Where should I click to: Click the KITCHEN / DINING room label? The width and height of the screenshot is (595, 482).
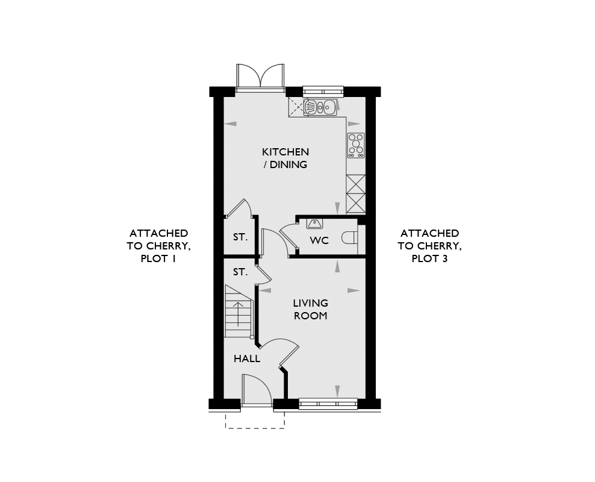coord(285,158)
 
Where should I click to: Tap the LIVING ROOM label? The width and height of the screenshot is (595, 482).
coord(310,309)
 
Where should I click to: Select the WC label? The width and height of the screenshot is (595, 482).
coord(319,240)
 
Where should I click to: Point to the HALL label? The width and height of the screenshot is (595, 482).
coord(247,358)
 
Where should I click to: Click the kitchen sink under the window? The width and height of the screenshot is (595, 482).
coord(320,107)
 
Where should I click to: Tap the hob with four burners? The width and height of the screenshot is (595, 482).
coord(357,145)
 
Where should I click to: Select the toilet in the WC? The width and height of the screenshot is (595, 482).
coord(349,238)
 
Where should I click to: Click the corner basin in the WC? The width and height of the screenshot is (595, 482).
coord(314,224)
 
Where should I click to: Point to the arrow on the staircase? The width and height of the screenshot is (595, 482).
coord(238,314)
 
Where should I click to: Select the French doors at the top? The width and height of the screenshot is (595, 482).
coord(260,77)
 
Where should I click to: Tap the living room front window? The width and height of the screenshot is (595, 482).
coord(328,404)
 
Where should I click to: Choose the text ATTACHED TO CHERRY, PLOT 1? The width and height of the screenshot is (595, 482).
coord(158,246)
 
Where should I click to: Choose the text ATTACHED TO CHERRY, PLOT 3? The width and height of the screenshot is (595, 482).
coord(429,246)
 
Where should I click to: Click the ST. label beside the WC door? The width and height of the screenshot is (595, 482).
coord(240,237)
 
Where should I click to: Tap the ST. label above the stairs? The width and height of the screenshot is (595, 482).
coord(240,272)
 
